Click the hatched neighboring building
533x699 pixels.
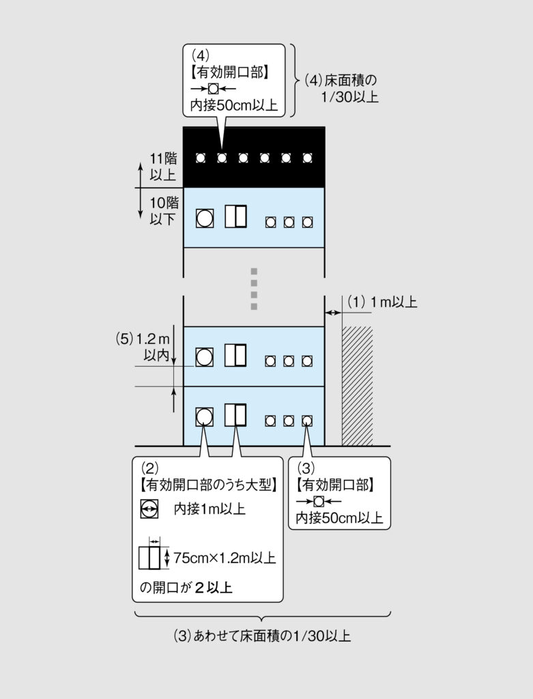coord(357,386)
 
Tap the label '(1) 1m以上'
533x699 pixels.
coord(382,302)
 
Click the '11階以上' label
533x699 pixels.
coord(162,167)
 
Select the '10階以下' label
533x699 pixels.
coord(164,211)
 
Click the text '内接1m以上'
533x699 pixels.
coord(210,509)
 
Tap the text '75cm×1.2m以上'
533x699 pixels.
coord(225,558)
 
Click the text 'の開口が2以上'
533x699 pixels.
coord(186,587)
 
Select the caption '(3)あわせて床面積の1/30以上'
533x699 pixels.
coord(262,636)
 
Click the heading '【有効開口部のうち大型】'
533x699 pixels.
coord(209,485)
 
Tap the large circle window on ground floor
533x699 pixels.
coord(204,417)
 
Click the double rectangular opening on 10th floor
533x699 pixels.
coord(235,216)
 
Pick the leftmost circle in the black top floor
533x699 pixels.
coord(201,158)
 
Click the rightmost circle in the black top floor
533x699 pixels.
coord(307,158)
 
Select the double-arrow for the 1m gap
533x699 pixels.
coord(333,313)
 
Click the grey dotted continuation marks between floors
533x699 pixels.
coord(254,289)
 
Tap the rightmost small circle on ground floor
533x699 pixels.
coord(307,420)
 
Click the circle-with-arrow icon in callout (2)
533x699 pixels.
coord(149,509)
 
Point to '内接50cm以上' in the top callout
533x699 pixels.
coord(233,105)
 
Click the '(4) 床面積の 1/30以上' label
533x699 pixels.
coord(341,88)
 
